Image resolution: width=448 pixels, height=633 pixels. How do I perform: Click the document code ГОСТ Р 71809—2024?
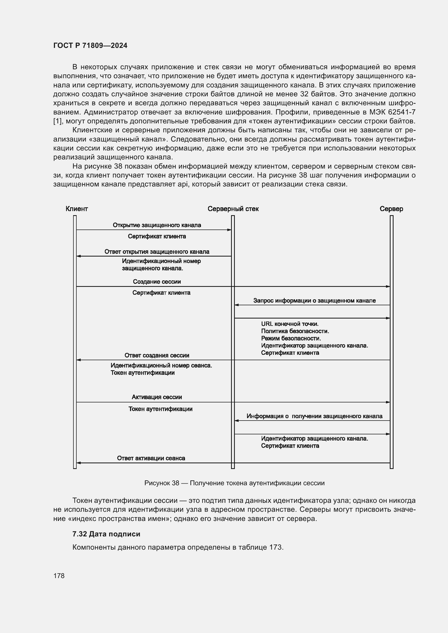point(90,45)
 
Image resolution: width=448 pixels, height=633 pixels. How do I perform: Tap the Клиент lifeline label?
point(77,209)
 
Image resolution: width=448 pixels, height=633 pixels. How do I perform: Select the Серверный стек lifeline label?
point(233,209)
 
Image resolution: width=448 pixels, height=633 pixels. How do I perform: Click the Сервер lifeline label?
point(391,209)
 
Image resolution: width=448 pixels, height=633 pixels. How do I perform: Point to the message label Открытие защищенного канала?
point(157,225)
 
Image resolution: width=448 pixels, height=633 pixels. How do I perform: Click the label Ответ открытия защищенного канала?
point(157,251)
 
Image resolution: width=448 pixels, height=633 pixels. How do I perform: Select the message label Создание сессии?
point(157,281)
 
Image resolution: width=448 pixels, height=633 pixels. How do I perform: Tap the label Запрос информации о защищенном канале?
point(314,300)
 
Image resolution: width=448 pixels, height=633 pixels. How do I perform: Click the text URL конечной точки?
point(290,324)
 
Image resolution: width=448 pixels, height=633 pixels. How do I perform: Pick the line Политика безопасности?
point(295,331)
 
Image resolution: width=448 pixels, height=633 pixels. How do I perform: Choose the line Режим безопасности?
point(291,338)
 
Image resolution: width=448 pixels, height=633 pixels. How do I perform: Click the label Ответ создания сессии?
point(157,355)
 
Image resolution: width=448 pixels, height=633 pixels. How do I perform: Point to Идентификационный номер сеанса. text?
point(161,365)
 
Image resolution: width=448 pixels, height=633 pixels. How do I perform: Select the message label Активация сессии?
point(157,397)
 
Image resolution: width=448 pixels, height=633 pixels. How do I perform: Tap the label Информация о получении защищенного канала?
point(314,416)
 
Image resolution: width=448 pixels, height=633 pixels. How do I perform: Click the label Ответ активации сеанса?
point(151,458)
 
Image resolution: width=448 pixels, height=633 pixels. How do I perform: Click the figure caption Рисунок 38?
point(234,483)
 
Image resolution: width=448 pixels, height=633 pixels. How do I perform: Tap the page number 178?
point(59,576)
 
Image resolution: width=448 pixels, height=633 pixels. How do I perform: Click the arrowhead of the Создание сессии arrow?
point(388,286)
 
